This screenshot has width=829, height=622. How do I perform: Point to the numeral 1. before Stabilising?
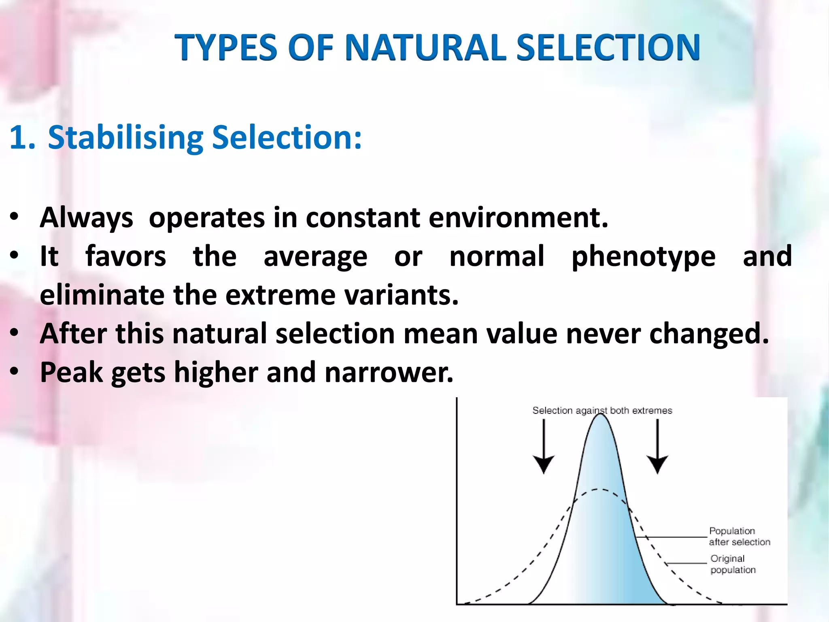pyautogui.click(x=22, y=138)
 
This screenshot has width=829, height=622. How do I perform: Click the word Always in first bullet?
pyautogui.click(x=86, y=218)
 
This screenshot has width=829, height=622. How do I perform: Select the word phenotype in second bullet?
pyautogui.click(x=643, y=257)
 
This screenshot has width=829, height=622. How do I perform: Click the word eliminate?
pyautogui.click(x=102, y=295)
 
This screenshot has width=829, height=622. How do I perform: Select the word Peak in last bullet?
pyautogui.click(x=71, y=372)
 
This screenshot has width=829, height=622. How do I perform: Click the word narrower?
pyautogui.click(x=389, y=372)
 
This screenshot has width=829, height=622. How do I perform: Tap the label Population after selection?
pyautogui.click(x=739, y=536)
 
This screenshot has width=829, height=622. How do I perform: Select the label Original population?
pyautogui.click(x=733, y=564)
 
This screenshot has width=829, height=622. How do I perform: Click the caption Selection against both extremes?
pyautogui.click(x=602, y=411)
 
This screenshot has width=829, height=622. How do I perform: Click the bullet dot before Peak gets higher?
pyautogui.click(x=15, y=371)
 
